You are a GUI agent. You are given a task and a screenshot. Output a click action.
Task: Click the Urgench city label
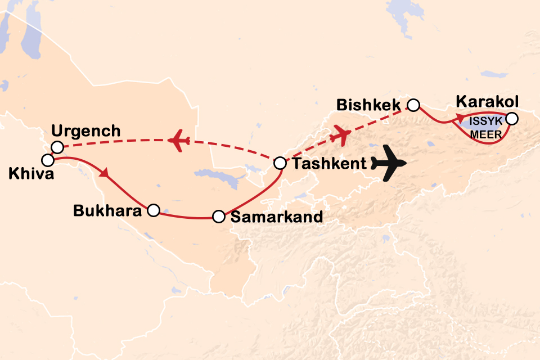(x=85, y=132)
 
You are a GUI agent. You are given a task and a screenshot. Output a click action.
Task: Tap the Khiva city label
(x=31, y=174)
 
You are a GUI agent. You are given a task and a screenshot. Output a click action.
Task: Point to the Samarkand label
(x=277, y=217)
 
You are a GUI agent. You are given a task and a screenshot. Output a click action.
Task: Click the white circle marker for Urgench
(x=56, y=147)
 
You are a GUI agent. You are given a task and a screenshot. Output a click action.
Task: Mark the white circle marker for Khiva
(x=48, y=160)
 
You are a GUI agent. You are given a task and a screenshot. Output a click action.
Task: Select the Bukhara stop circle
(x=153, y=210)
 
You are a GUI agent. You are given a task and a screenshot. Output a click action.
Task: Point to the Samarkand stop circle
(x=219, y=217)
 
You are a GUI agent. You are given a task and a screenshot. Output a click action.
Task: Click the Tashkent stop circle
(x=280, y=164)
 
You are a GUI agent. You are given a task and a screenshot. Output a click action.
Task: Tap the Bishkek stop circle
(x=413, y=105)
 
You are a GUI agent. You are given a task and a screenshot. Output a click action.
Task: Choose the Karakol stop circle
(x=511, y=119)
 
